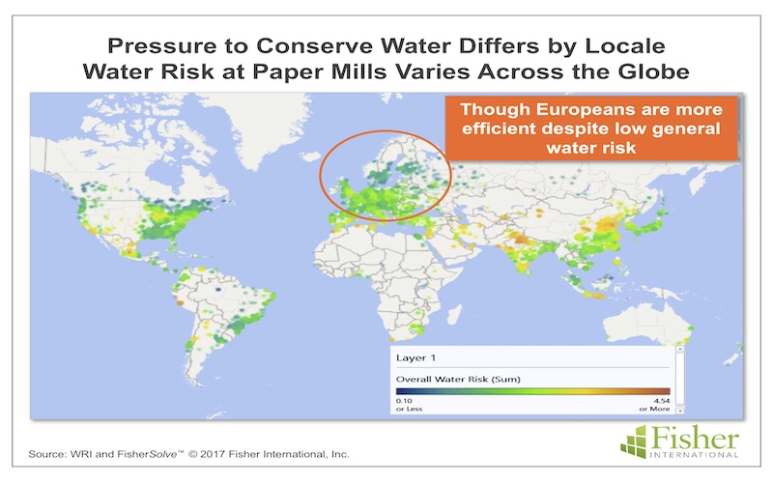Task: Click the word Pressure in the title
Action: point(162,45)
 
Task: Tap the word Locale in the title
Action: point(625,45)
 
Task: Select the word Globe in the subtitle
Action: point(654,71)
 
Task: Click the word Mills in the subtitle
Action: point(358,71)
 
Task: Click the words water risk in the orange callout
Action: point(591,148)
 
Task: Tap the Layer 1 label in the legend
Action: point(415,357)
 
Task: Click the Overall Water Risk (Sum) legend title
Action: point(458,379)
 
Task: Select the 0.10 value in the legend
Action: point(404,401)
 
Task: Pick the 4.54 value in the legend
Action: point(662,401)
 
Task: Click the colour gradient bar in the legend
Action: point(533,391)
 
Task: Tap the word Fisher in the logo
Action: point(694,437)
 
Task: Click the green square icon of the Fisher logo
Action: point(634,441)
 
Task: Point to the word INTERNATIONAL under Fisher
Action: point(694,454)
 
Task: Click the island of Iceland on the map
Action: point(310,156)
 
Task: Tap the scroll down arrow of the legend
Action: point(680,410)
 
